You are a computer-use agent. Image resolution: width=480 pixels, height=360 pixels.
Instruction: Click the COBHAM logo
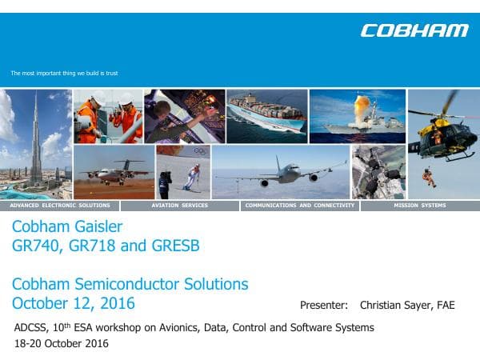point(414,31)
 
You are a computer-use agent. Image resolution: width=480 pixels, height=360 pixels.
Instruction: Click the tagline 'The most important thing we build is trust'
point(64,74)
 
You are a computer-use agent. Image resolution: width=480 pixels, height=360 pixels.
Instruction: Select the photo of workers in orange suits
point(107,116)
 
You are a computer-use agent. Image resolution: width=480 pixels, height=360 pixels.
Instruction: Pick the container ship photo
point(266,116)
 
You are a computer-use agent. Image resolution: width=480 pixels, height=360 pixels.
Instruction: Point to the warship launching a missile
point(357,116)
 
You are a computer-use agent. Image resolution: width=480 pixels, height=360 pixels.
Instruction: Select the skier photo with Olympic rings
point(183,171)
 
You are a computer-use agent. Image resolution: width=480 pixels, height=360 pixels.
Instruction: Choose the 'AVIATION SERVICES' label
point(179,206)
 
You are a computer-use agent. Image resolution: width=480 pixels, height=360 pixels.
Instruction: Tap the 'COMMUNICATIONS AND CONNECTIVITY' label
point(300,206)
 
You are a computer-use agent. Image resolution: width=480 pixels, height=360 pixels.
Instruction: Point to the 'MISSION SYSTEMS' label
point(420,206)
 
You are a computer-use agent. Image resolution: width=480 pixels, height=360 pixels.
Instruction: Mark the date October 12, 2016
point(74,303)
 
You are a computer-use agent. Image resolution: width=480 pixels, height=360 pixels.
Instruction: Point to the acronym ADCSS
point(31,328)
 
